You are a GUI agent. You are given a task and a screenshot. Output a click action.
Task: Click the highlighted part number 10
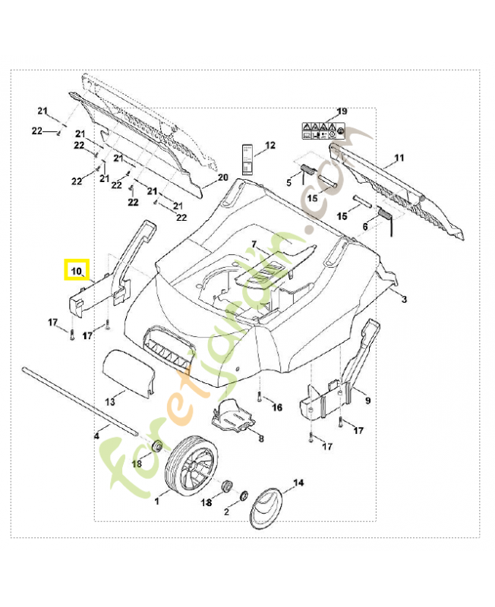coord(77,269)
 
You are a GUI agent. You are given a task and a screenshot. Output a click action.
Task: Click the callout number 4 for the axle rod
coord(96,436)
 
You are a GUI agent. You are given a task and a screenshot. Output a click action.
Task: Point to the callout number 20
coord(222,177)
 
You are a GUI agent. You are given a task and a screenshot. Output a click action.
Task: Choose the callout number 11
coord(399,159)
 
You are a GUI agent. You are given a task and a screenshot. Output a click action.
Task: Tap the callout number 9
coord(367,400)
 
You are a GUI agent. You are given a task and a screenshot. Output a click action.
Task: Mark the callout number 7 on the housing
coord(255,245)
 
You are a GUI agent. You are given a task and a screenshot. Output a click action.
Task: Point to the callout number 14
coord(298,483)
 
